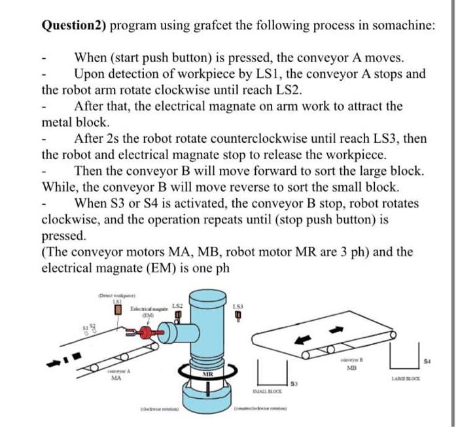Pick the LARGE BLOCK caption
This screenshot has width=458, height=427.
pyautogui.click(x=406, y=379)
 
